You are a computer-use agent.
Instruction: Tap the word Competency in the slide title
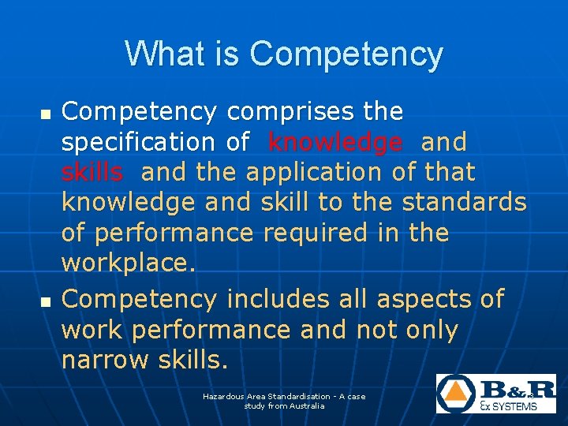pyautogui.click(x=346, y=55)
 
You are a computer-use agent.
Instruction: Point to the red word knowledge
pyautogui.click(x=334, y=142)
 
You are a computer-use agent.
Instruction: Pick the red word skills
pyautogui.click(x=92, y=172)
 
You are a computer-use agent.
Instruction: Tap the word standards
pyautogui.click(x=464, y=202)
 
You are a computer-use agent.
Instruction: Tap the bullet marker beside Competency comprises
pyautogui.click(x=44, y=115)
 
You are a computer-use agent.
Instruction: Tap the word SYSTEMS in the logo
pyautogui.click(x=515, y=406)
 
